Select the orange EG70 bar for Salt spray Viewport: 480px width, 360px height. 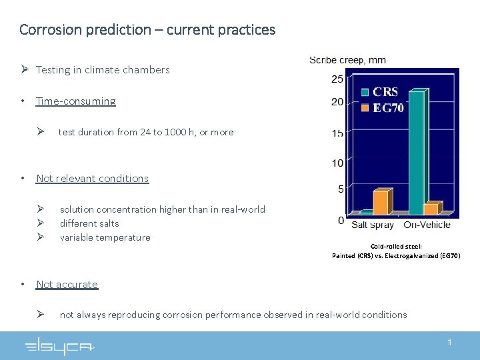[380, 202]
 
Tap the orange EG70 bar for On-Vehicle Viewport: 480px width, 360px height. [431, 209]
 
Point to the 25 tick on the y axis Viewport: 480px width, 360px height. [337, 79]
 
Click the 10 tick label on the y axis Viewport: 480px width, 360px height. [337, 163]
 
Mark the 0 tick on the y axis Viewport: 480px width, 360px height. [341, 220]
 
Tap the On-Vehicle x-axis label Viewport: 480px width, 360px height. [427, 225]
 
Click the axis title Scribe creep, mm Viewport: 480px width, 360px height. [347, 60]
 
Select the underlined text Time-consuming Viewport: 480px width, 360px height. [75, 101]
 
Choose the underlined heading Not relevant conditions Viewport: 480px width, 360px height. [92, 178]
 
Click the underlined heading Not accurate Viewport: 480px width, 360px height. [67, 284]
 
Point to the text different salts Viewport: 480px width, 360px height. [89, 223]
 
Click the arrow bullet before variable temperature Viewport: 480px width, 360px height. [41, 237]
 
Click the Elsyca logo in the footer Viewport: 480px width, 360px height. [60, 346]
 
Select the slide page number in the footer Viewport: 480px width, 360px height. [449, 343]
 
